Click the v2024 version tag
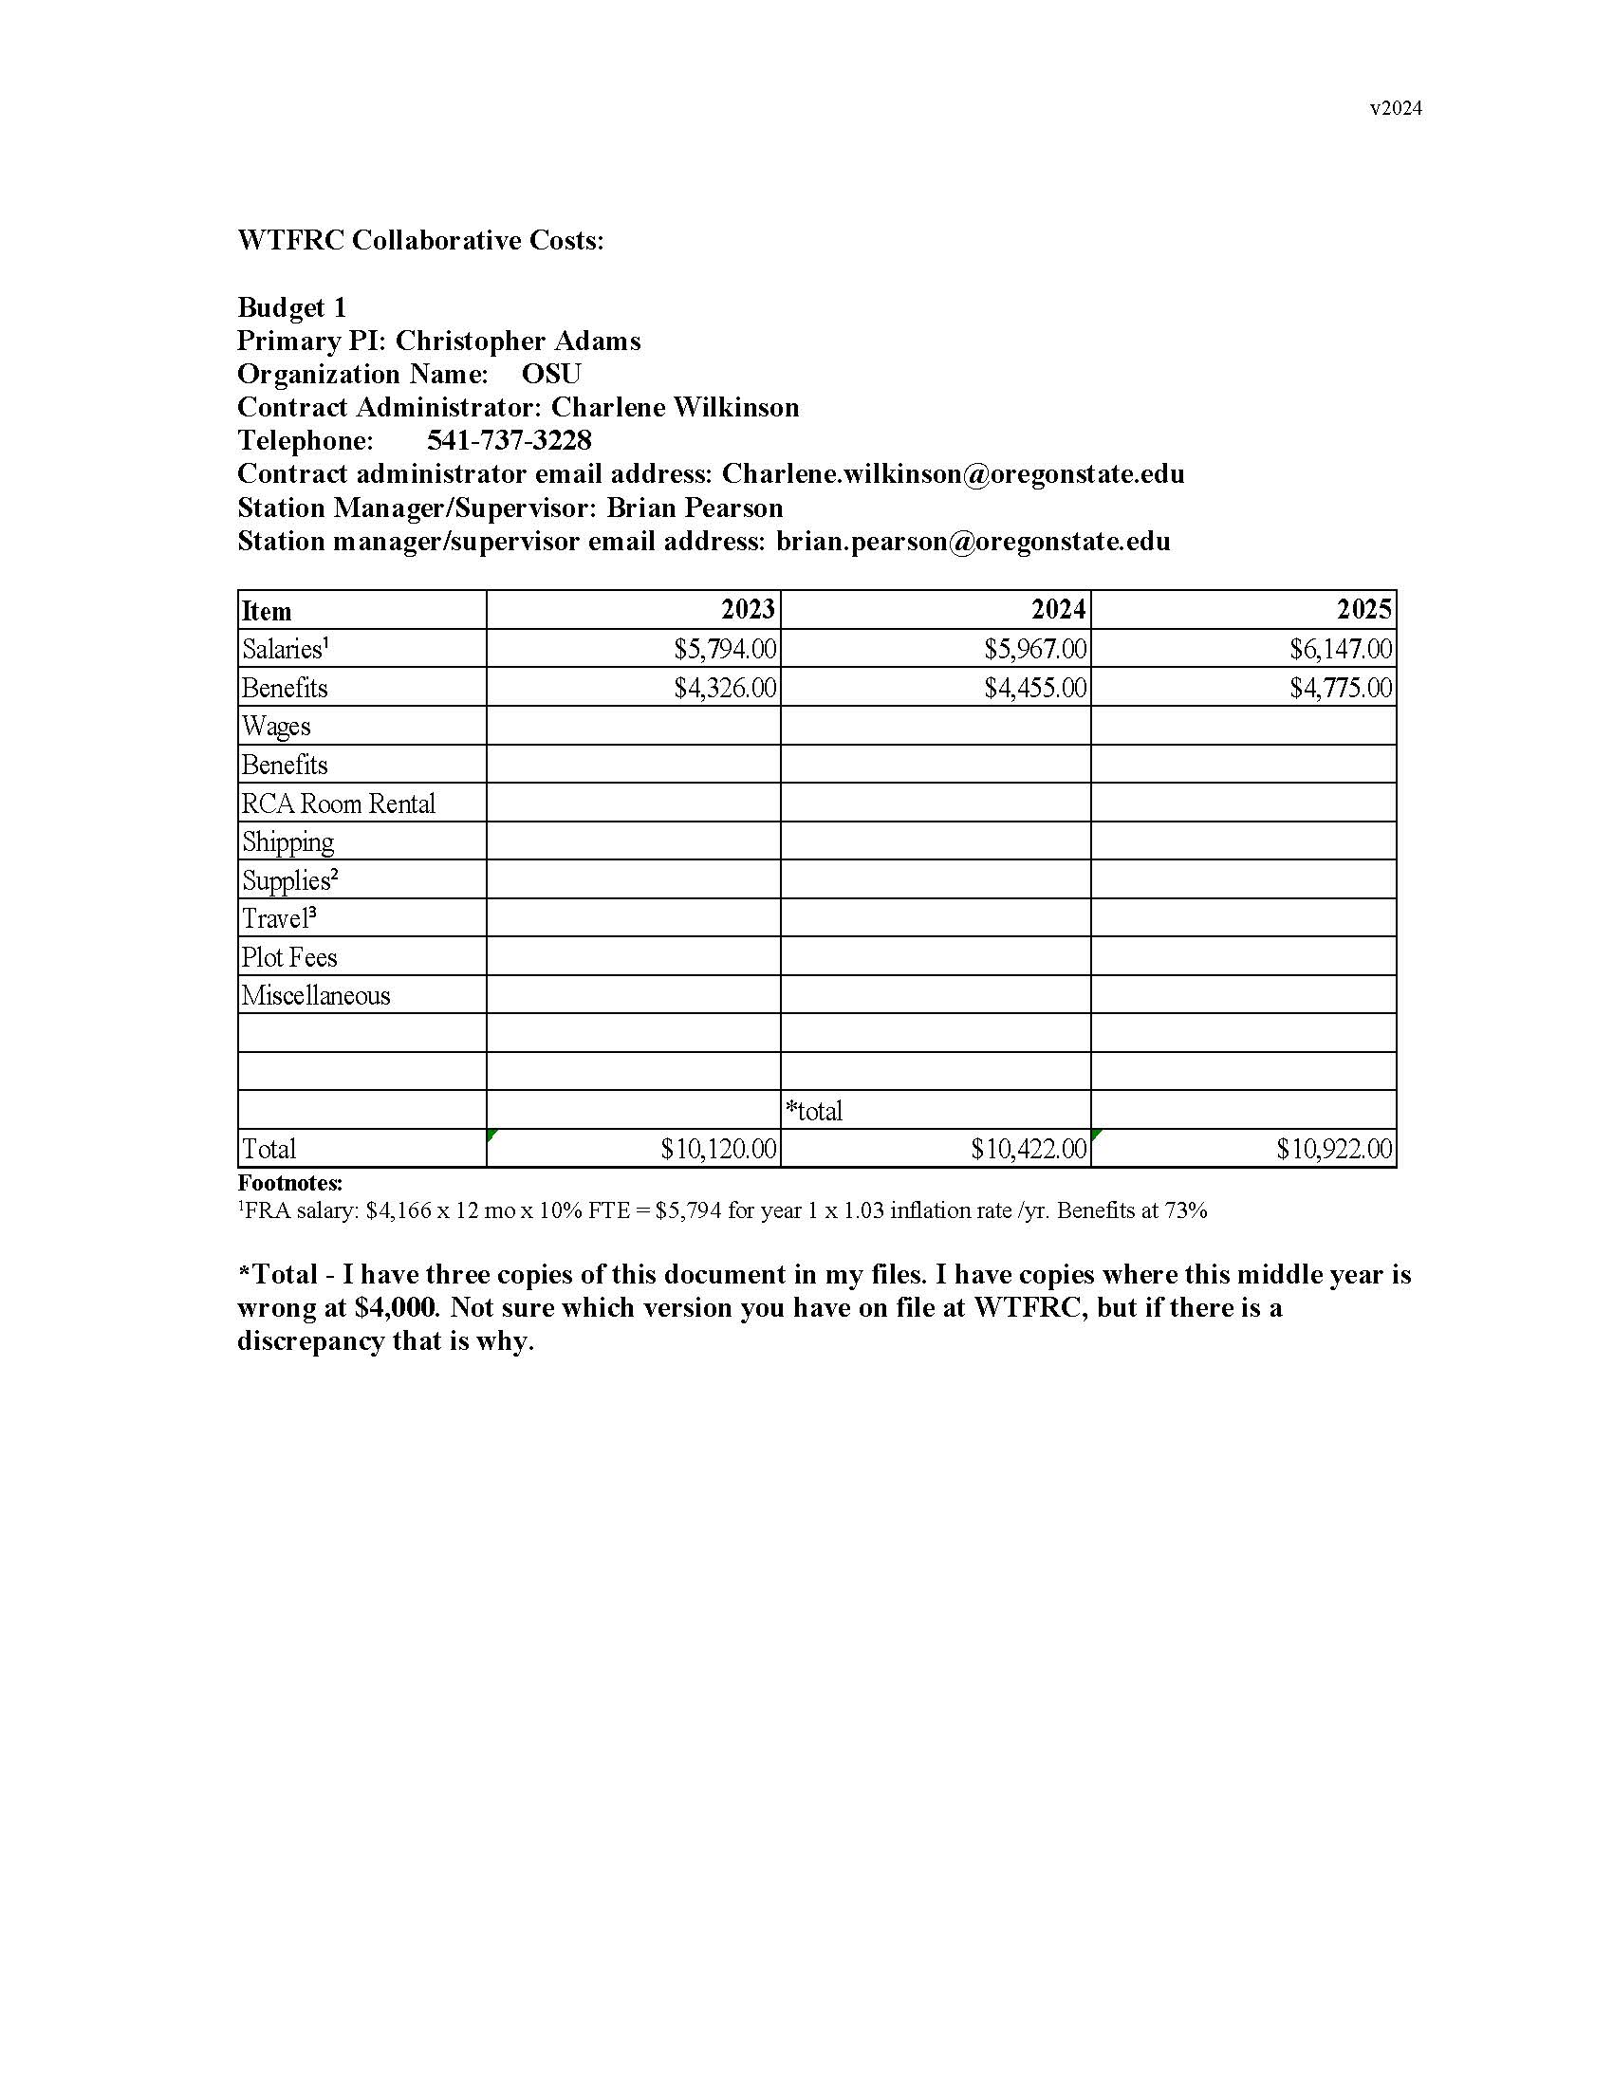[x=1395, y=109]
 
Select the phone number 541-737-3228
[x=510, y=440]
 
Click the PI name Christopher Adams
[x=518, y=342]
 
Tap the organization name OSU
[x=551, y=374]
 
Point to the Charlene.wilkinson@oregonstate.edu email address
[x=953, y=474]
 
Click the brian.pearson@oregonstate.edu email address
[x=973, y=542]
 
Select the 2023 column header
[x=749, y=610]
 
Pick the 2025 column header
[x=1363, y=610]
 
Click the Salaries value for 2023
[x=725, y=650]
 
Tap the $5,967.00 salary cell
[x=1036, y=650]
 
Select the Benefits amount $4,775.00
[x=1341, y=688]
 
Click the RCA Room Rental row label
[x=339, y=803]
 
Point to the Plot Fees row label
[x=289, y=957]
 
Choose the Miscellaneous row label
[x=316, y=996]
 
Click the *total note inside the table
[x=814, y=1111]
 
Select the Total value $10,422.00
[x=1029, y=1149]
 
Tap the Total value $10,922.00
[x=1334, y=1149]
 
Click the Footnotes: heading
[x=289, y=1183]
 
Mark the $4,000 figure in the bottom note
[x=394, y=1307]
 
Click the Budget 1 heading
[x=291, y=307]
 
